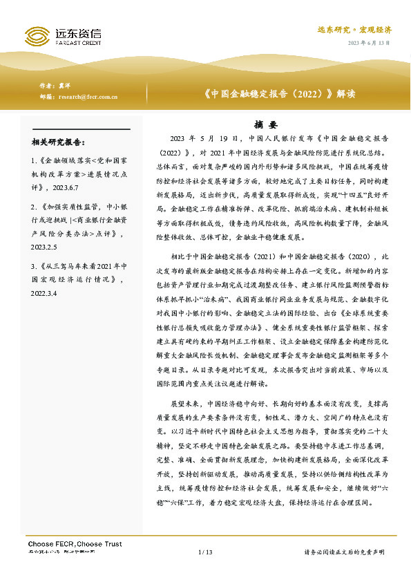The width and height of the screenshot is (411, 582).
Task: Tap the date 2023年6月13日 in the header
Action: [369, 43]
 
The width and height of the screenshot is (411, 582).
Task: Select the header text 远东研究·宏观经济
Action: [354, 30]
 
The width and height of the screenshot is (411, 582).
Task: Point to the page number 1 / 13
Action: [205, 552]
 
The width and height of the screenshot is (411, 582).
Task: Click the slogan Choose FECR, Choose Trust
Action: [74, 544]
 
